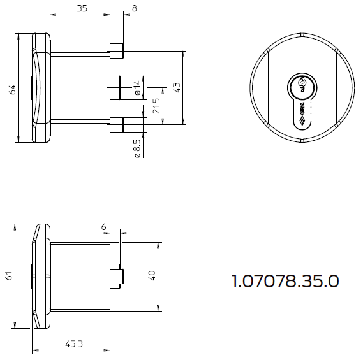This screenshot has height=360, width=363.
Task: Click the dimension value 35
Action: tap(82, 8)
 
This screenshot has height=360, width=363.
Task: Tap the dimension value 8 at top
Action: tap(135, 8)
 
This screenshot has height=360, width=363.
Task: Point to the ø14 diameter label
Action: tap(138, 87)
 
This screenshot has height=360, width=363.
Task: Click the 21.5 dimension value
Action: tap(157, 106)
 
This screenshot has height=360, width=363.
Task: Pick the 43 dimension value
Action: tap(177, 88)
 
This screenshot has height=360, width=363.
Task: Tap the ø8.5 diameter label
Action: tap(137, 148)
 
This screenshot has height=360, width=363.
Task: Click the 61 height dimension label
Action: tap(9, 276)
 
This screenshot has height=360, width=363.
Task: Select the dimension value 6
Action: tap(103, 227)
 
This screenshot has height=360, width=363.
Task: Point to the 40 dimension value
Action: tap(152, 276)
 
